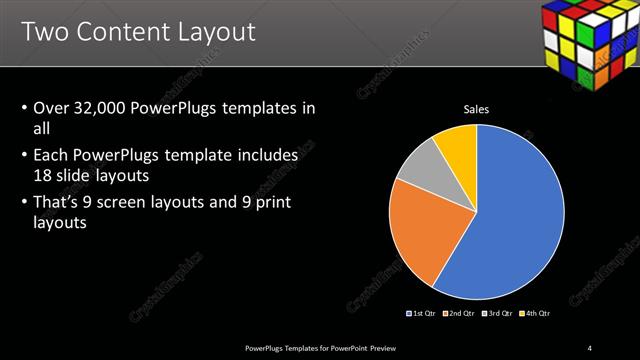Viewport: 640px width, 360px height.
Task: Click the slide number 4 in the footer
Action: click(590, 347)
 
